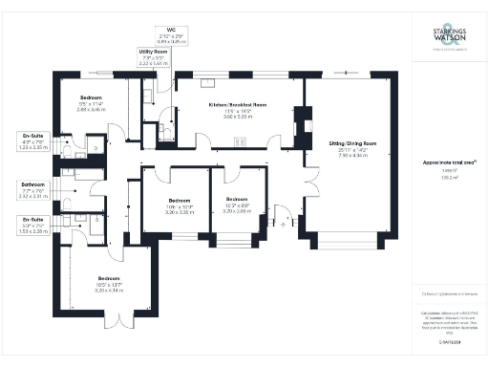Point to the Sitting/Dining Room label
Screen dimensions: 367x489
click(x=352, y=148)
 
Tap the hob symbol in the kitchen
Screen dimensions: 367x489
click(x=241, y=142)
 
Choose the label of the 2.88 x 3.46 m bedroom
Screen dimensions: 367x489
click(x=92, y=103)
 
